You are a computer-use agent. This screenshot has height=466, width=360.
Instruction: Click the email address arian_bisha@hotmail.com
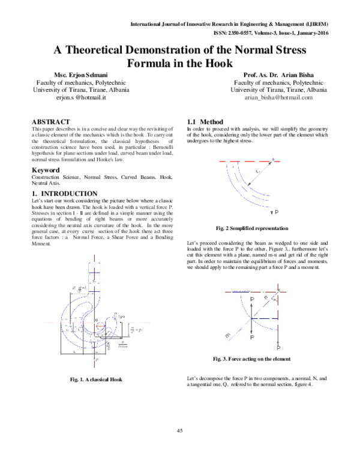tap(278, 97)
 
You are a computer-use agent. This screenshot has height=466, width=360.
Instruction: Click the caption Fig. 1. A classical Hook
tap(96, 380)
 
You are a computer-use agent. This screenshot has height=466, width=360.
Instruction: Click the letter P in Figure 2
tap(275, 213)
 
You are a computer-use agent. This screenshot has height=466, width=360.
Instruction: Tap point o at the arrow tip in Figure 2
tap(272, 160)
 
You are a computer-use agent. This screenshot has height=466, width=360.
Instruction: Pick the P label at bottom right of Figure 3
tap(279, 347)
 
